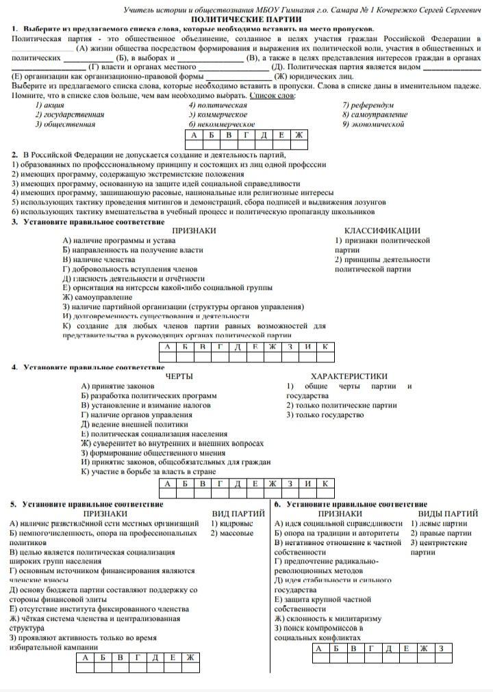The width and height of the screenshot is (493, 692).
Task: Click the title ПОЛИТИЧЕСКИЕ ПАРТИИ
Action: [x=247, y=21]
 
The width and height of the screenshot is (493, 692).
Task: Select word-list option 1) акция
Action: [x=49, y=105]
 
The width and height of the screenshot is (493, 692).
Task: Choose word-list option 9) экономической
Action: [x=373, y=124]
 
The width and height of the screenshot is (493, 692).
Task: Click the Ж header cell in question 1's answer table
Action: [x=298, y=135]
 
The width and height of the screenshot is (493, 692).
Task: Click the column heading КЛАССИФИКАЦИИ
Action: [x=382, y=230]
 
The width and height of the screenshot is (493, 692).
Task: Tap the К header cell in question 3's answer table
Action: [x=325, y=347]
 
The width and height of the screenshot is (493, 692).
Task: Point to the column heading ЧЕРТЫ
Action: [x=179, y=376]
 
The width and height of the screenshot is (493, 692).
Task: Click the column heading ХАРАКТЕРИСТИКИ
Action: [x=349, y=376]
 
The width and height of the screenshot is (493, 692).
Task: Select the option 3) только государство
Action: [x=325, y=414]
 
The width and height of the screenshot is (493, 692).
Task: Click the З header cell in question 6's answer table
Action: [x=441, y=648]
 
